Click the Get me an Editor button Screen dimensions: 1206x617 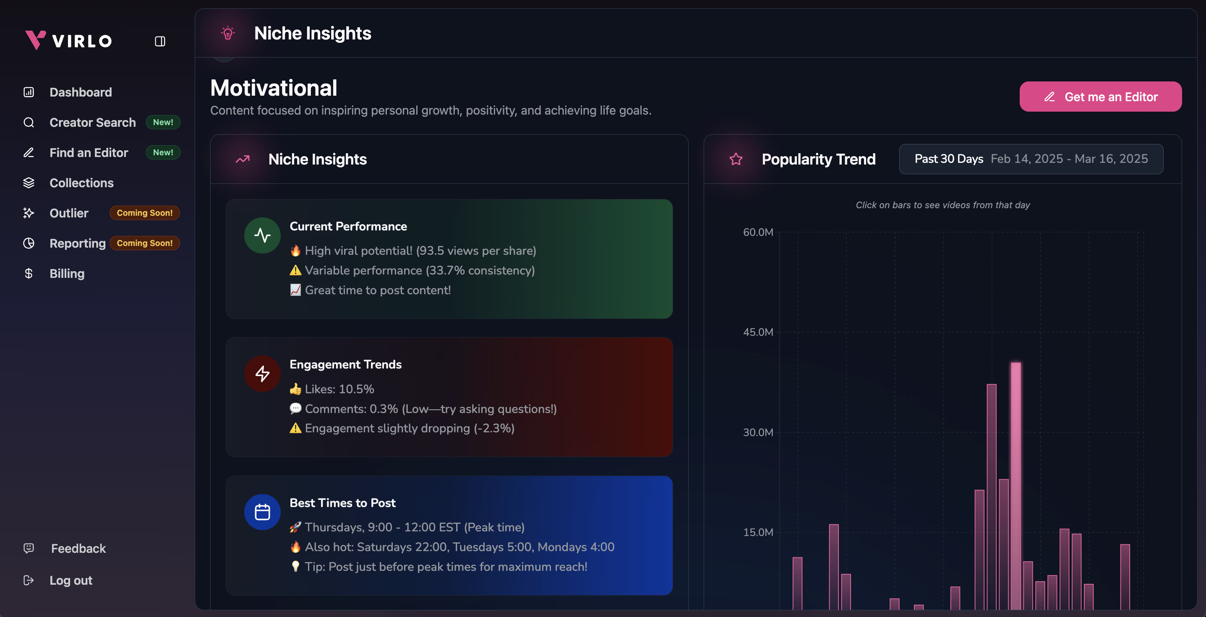click(1100, 97)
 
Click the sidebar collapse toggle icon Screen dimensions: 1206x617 click(160, 41)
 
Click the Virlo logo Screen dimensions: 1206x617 click(69, 40)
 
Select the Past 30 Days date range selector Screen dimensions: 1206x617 click(1031, 159)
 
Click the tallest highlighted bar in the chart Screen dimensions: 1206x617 click(1015, 486)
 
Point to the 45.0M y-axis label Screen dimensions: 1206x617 click(758, 332)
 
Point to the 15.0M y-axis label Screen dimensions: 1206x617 click(758, 532)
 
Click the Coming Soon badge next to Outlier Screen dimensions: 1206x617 click(145, 213)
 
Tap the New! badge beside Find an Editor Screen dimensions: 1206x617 click(163, 153)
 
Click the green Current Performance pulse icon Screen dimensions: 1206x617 click(262, 235)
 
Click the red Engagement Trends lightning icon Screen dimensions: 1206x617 click(262, 374)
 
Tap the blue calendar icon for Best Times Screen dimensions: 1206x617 click(262, 512)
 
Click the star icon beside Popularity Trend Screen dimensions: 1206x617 click(736, 159)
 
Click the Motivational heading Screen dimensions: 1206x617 click(274, 88)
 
